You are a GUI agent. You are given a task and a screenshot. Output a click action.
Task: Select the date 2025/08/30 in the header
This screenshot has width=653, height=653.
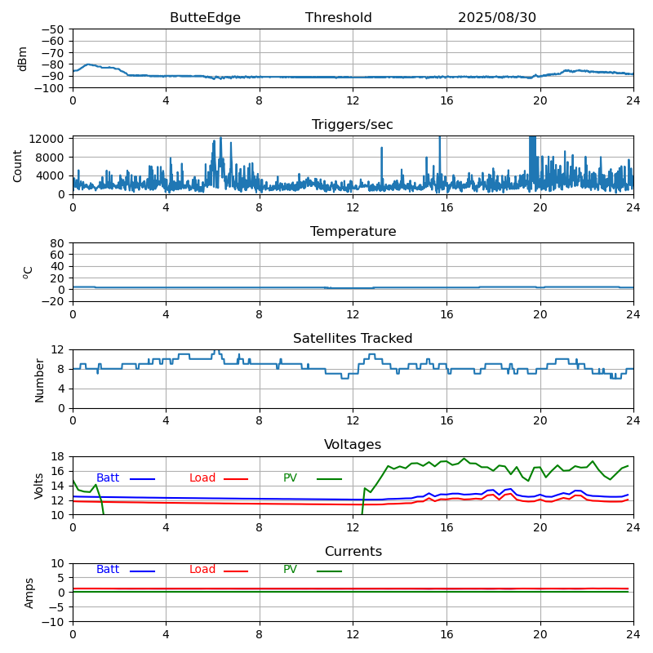pyautogui.click(x=497, y=18)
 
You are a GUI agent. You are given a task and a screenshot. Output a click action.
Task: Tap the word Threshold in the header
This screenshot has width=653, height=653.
pyautogui.click(x=339, y=18)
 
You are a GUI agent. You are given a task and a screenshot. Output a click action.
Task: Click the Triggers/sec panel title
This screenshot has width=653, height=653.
pyautogui.click(x=353, y=125)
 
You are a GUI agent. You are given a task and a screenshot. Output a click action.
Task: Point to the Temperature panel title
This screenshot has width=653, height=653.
pyautogui.click(x=353, y=232)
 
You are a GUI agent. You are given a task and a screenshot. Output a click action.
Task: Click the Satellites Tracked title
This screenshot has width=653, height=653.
pyautogui.click(x=353, y=339)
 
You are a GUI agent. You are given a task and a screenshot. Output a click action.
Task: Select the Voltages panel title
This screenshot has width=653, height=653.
pyautogui.click(x=353, y=445)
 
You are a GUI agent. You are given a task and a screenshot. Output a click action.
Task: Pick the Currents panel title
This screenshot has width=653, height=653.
pyautogui.click(x=353, y=552)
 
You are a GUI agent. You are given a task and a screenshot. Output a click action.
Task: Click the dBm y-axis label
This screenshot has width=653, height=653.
pyautogui.click(x=23, y=59)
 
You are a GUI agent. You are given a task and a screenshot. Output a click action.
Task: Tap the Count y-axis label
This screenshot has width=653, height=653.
pyautogui.click(x=18, y=166)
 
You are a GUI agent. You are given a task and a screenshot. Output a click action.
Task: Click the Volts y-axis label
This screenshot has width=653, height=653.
pyautogui.click(x=39, y=486)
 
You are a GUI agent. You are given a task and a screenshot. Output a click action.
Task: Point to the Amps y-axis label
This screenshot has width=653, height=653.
pyautogui.click(x=29, y=593)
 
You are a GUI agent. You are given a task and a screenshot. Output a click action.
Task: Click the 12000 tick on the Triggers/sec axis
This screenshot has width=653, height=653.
pyautogui.click(x=47, y=139)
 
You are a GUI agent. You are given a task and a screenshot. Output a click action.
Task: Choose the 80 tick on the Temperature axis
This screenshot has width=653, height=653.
pyautogui.click(x=58, y=243)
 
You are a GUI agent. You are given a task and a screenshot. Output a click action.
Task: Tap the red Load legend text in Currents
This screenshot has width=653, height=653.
pyautogui.click(x=202, y=570)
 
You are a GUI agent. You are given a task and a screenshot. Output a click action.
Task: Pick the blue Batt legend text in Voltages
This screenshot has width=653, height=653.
pyautogui.click(x=108, y=478)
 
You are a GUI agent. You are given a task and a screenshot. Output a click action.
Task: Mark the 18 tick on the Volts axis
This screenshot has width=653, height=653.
pyautogui.click(x=58, y=457)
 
